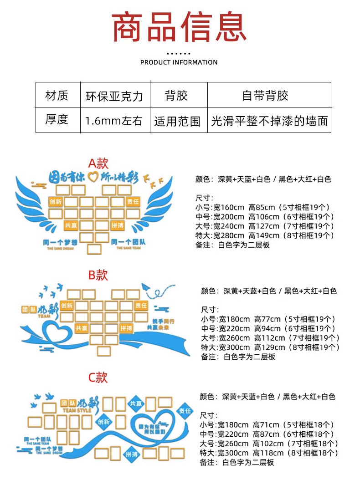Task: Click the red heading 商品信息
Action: pyautogui.click(x=180, y=28)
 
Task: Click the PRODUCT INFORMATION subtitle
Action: pyautogui.click(x=179, y=62)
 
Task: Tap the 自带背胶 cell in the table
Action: pyautogui.click(x=265, y=96)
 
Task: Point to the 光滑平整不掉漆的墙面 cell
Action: pyautogui.click(x=269, y=121)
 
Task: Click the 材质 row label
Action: pyautogui.click(x=57, y=96)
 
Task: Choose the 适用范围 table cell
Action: pyautogui.click(x=177, y=121)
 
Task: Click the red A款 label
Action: pyautogui.click(x=98, y=163)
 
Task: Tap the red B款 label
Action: pyautogui.click(x=98, y=275)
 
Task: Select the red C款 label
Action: pyautogui.click(x=98, y=377)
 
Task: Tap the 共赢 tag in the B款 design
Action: pyautogui.click(x=82, y=327)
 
